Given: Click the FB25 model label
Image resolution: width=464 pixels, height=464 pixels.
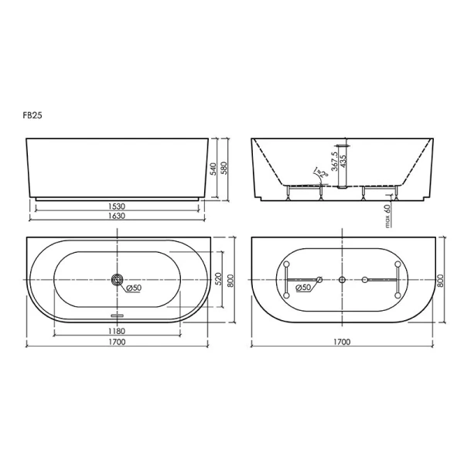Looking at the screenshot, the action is pyautogui.click(x=32, y=115).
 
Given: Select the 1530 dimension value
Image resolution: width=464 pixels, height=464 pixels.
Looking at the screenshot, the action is pyautogui.click(x=117, y=206).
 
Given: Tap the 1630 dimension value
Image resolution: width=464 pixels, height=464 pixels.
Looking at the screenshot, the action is pyautogui.click(x=117, y=216).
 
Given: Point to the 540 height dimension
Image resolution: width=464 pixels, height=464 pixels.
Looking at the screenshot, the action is pyautogui.click(x=213, y=168).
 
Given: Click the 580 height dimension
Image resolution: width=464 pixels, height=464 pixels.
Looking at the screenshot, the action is pyautogui.click(x=224, y=168).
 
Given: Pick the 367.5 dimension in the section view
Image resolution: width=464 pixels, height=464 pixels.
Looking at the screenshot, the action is pyautogui.click(x=334, y=162).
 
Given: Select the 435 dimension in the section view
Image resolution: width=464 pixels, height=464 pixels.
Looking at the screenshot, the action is pyautogui.click(x=343, y=162).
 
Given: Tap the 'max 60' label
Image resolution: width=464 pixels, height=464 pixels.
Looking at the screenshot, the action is pyautogui.click(x=387, y=216).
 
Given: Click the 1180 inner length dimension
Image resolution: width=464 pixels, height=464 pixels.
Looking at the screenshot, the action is pyautogui.click(x=117, y=331).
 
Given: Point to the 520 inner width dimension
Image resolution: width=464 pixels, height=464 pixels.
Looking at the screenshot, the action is pyautogui.click(x=218, y=279).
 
